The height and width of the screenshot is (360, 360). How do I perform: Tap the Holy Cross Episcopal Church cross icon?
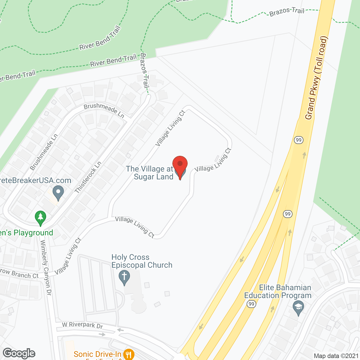pyautogui.click(x=124, y=277)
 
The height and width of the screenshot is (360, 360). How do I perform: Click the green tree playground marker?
pyautogui.click(x=40, y=217)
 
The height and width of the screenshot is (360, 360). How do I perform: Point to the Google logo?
pyautogui.click(x=19, y=353)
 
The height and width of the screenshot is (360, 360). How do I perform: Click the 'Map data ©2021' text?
pyautogui.click(x=336, y=356)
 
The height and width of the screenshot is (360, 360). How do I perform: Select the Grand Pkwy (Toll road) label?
pyautogui.click(x=317, y=78)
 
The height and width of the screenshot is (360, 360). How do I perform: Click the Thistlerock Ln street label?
pyautogui.click(x=88, y=177)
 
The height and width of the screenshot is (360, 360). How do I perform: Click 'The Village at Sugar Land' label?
pyautogui.click(x=150, y=173)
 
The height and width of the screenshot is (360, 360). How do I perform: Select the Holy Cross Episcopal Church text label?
pyautogui.click(x=142, y=261)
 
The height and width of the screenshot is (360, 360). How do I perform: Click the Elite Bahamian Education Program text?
pyautogui.click(x=278, y=291)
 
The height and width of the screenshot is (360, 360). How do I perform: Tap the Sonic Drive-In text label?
pyautogui.click(x=97, y=354)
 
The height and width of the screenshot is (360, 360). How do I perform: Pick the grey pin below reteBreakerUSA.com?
pyautogui.click(x=58, y=193)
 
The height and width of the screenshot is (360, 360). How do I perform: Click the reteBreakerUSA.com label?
pyautogui.click(x=35, y=180)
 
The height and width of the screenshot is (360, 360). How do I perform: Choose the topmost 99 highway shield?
pyautogui.click(x=298, y=140)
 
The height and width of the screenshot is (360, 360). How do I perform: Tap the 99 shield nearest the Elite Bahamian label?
pyautogui.click(x=251, y=304)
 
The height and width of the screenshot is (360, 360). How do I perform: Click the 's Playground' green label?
pyautogui.click(x=27, y=233)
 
